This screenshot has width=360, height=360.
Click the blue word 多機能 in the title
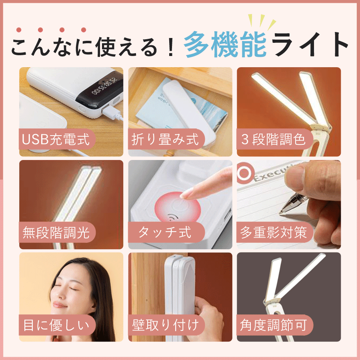[x=225, y=44]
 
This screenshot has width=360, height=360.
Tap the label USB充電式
[x=56, y=139]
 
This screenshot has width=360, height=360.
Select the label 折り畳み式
[x=165, y=139]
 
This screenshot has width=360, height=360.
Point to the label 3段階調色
[x=273, y=139]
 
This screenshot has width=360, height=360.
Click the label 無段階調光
[x=56, y=232]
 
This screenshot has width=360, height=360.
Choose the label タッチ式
[x=165, y=232]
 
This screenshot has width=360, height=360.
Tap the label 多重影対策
[x=273, y=232]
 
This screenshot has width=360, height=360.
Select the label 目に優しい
[x=56, y=325]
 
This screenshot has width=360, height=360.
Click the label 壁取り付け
[x=165, y=325]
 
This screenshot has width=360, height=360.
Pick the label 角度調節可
[x=273, y=325]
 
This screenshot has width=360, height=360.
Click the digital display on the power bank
[x=105, y=86]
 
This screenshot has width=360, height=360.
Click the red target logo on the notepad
[x=245, y=172]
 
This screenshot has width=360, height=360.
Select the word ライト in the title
[x=310, y=44]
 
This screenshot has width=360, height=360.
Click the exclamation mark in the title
[x=170, y=46]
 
